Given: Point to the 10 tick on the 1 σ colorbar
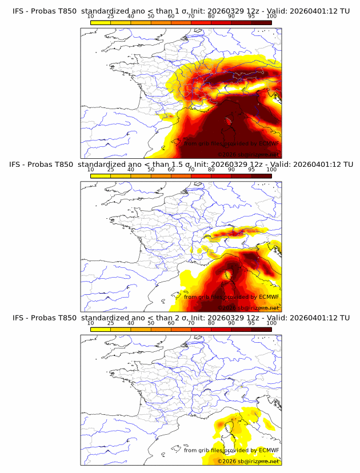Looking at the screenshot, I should pyautogui.click(x=91, y=17).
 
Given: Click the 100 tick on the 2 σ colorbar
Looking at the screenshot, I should pyautogui.click(x=271, y=323).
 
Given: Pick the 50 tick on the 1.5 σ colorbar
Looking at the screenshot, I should pyautogui.click(x=151, y=170).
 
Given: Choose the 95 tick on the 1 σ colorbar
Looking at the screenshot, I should pyautogui.click(x=251, y=17).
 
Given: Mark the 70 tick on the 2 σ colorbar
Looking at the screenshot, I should pyautogui.click(x=191, y=323).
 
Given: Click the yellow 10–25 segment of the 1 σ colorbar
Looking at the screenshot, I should pyautogui.click(x=101, y=23).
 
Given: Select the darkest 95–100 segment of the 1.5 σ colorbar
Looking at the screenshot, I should pyautogui.click(x=261, y=176).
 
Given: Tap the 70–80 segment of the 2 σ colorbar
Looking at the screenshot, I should pyautogui.click(x=201, y=329).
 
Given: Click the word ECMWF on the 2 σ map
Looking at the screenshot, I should pyautogui.click(x=269, y=450).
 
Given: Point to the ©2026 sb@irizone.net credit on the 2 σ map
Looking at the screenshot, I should pyautogui.click(x=248, y=461).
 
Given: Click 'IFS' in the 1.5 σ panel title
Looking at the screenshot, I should pyautogui.click(x=18, y=165).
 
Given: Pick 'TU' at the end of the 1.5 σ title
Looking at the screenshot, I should pyautogui.click(x=350, y=165).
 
